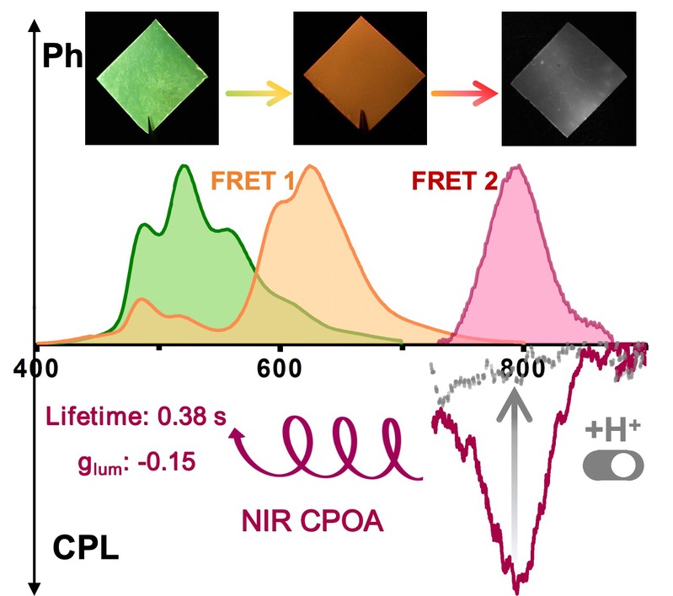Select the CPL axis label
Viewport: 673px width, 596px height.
(82, 553)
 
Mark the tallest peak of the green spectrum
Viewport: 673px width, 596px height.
(183, 168)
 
